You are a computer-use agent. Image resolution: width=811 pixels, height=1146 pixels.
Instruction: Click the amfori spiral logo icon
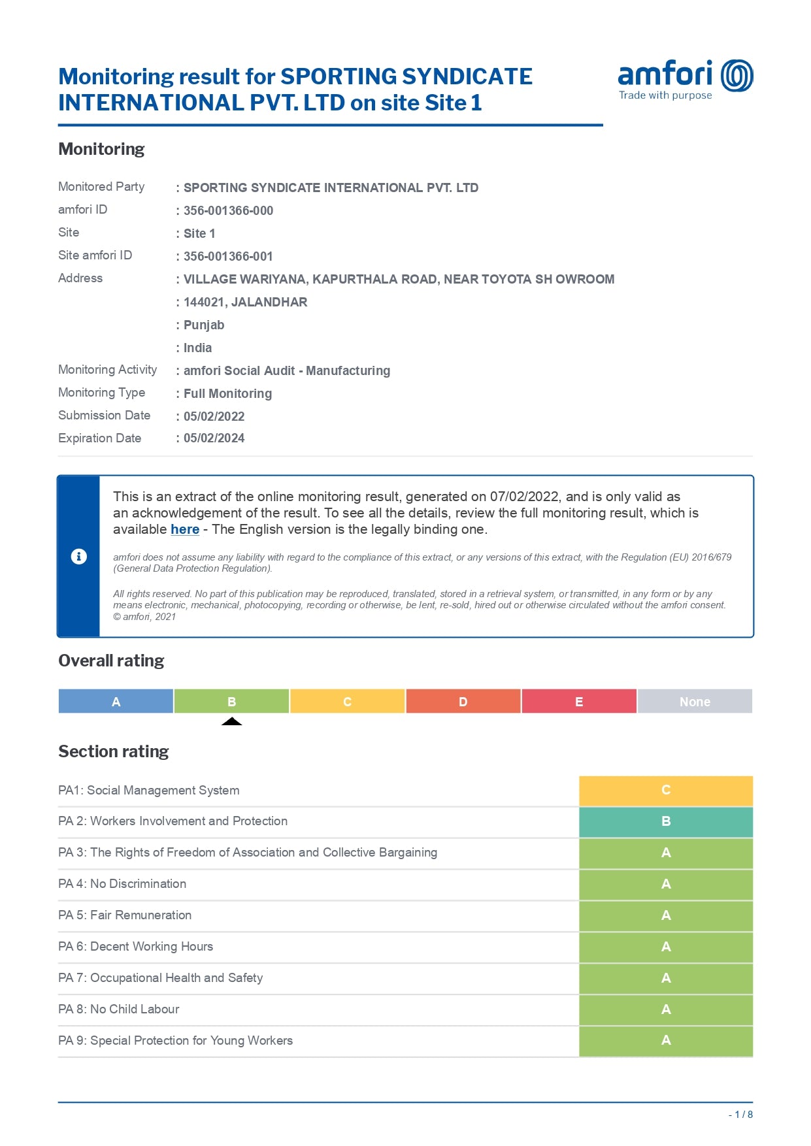(x=737, y=75)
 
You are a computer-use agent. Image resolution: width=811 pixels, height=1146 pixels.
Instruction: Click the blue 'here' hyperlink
(x=185, y=529)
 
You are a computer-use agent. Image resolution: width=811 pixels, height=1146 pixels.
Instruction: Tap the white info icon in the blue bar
(x=78, y=556)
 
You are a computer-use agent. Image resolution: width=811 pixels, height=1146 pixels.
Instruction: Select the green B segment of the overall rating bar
(x=231, y=701)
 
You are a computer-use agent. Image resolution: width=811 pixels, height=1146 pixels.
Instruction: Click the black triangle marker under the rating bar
(x=231, y=721)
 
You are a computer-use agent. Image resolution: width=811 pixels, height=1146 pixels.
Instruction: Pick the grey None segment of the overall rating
(x=695, y=701)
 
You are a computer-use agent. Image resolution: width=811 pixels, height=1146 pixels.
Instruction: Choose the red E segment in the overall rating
(x=579, y=701)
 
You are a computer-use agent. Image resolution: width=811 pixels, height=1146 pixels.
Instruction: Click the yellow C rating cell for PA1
(x=665, y=790)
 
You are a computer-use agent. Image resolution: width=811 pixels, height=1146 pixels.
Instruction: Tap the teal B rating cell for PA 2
(x=665, y=821)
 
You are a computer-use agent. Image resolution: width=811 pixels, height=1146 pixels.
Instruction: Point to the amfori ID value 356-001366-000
(x=228, y=210)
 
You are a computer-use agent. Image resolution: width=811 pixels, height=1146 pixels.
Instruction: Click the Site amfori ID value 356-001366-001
(x=228, y=256)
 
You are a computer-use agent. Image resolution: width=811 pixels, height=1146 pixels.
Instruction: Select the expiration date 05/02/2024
(x=214, y=438)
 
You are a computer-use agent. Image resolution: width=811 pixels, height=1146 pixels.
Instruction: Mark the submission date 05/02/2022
(x=214, y=416)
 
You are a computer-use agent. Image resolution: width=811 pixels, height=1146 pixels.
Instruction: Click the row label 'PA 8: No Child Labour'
(x=118, y=1009)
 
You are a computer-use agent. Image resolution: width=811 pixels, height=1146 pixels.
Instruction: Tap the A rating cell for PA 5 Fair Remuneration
(x=665, y=915)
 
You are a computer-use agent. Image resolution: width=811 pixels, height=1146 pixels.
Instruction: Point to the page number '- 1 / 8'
(x=740, y=1115)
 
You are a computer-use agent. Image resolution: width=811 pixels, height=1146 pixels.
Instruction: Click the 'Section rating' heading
(x=114, y=751)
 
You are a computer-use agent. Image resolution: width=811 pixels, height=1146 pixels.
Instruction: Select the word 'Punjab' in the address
(x=204, y=325)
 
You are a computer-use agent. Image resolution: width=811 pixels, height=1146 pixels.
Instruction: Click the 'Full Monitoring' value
(x=227, y=393)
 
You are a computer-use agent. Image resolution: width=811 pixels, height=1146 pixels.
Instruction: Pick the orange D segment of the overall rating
(x=463, y=701)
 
